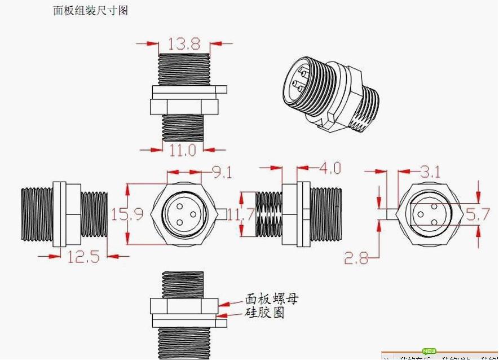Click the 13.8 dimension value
(x=183, y=43)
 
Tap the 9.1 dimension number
(x=221, y=172)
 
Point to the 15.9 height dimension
(x=118, y=214)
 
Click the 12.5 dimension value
(x=83, y=257)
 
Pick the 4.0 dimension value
(x=330, y=168)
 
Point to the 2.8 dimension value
(x=356, y=258)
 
